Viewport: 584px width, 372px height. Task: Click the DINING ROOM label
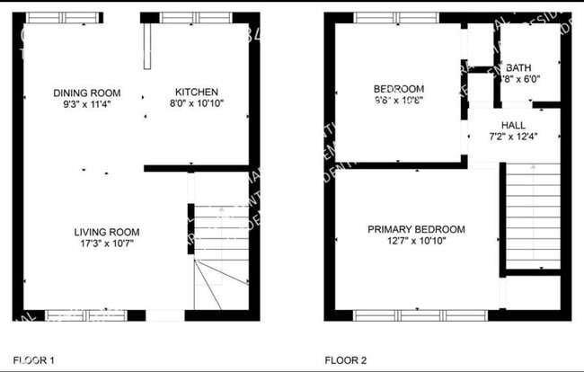click(x=86, y=93)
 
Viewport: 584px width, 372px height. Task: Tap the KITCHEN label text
click(x=196, y=93)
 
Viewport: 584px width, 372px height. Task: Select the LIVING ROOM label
click(x=106, y=232)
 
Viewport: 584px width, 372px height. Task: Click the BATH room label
click(x=518, y=67)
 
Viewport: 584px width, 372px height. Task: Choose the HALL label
click(x=513, y=125)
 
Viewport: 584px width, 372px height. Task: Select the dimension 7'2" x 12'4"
click(x=513, y=137)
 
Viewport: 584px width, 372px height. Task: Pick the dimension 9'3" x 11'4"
click(x=86, y=104)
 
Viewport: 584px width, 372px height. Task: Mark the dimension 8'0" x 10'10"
click(x=196, y=104)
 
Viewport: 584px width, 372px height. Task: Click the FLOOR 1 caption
click(x=33, y=360)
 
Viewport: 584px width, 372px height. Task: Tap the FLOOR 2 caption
click(x=345, y=360)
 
